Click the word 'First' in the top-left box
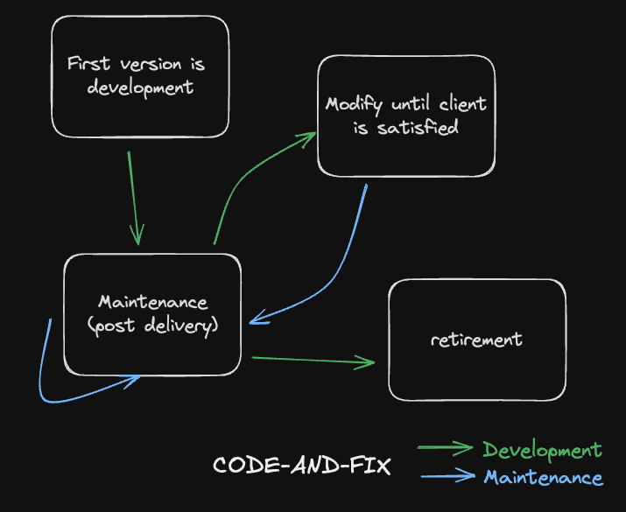click(x=88, y=65)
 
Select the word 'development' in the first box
click(x=140, y=88)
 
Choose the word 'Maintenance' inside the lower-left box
click(x=152, y=302)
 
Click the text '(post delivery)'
click(x=152, y=326)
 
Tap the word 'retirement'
click(x=476, y=339)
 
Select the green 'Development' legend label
click(x=543, y=451)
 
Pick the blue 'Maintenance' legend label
click(x=543, y=478)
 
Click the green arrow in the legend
click(x=447, y=450)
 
